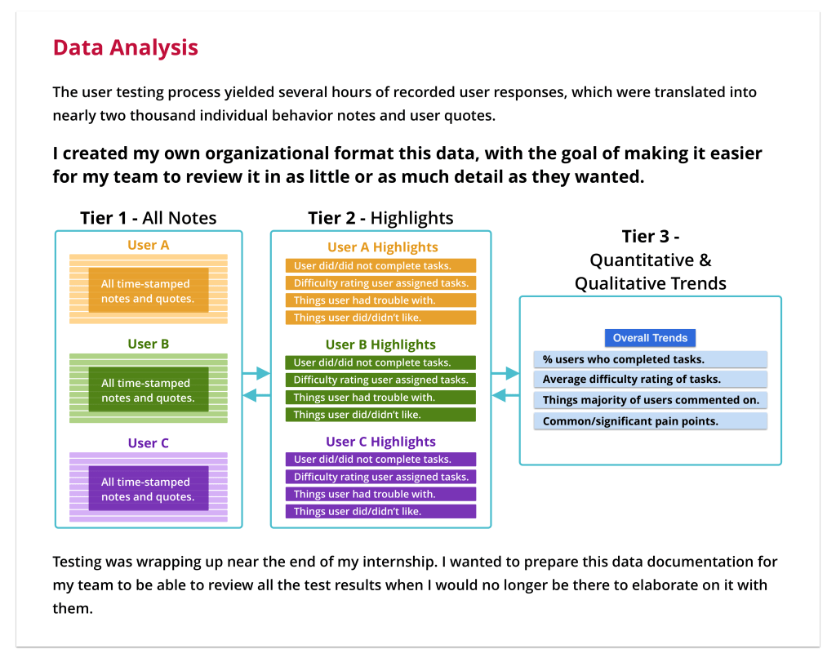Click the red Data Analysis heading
[125, 47]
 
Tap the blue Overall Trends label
[650, 338]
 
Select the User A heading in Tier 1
[149, 245]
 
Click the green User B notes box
[148, 390]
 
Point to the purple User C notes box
[148, 489]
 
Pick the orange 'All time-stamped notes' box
[148, 291]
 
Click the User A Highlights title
[382, 247]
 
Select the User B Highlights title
[380, 345]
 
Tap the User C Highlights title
[380, 442]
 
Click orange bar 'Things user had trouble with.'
[380, 300]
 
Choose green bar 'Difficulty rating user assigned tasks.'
[380, 380]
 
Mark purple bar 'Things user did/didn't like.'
[380, 511]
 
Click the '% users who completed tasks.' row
[650, 359]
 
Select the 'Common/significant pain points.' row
[650, 421]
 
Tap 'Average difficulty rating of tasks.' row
[650, 380]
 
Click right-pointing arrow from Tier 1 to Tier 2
[256, 374]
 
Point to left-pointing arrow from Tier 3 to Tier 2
[505, 397]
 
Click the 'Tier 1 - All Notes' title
[149, 218]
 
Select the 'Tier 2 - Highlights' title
[380, 218]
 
